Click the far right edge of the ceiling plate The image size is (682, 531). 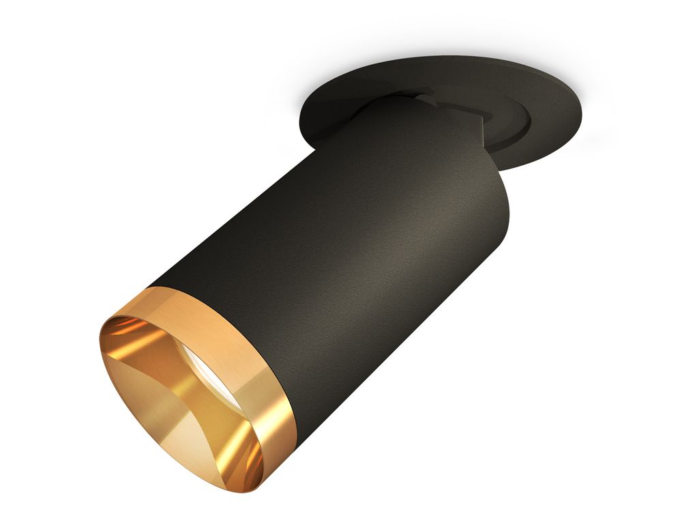[x=585, y=109]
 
